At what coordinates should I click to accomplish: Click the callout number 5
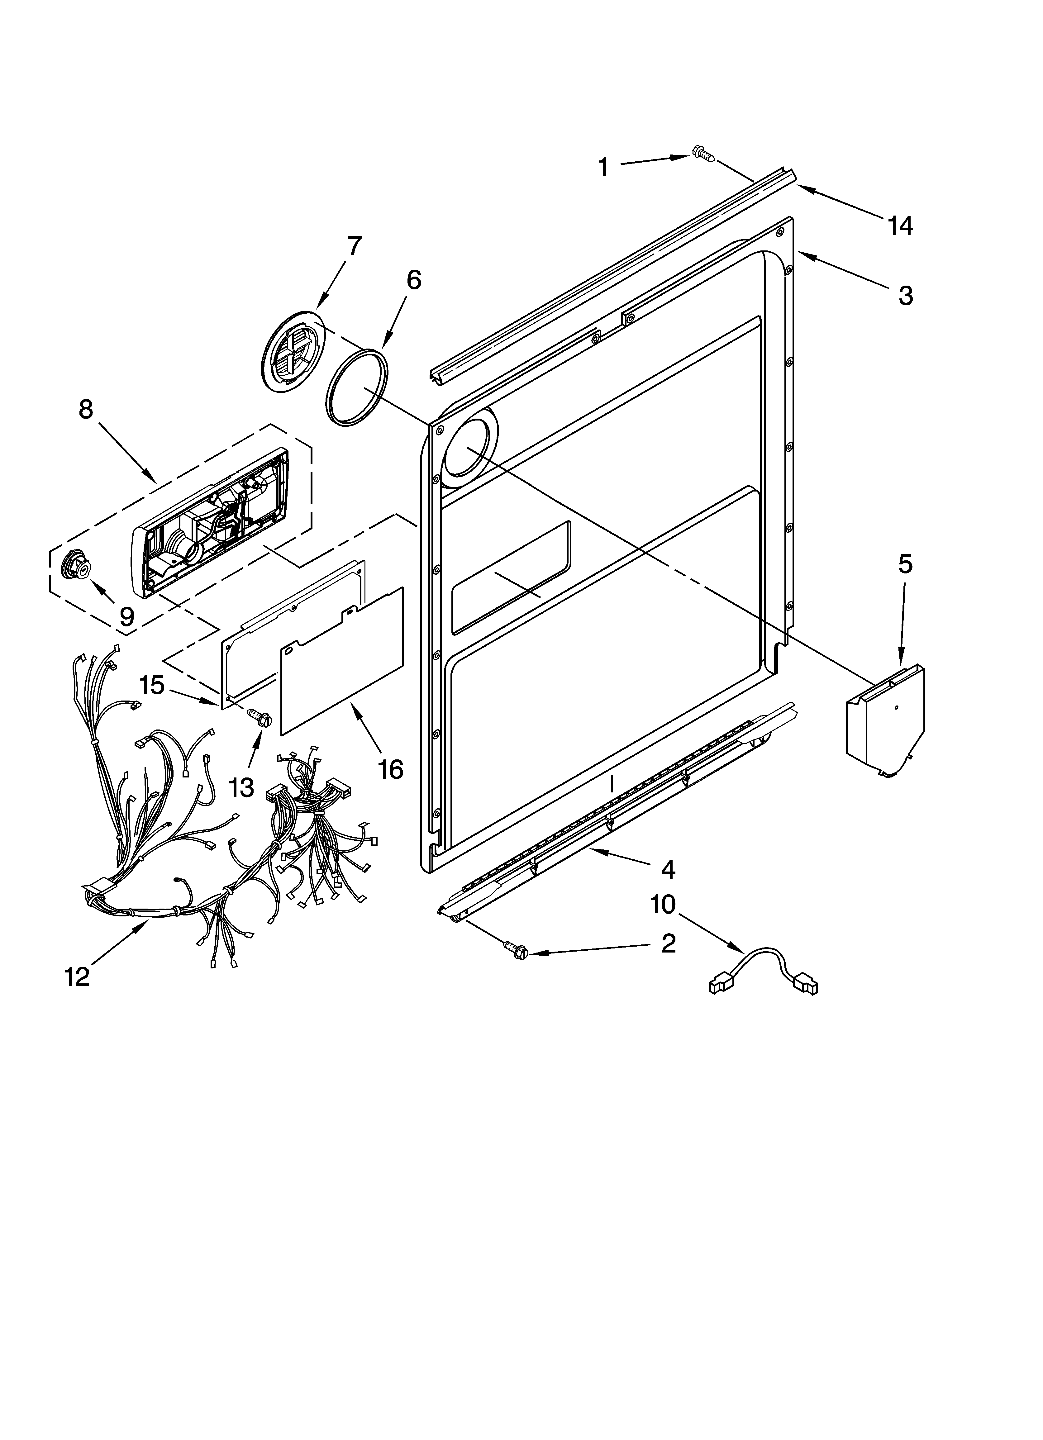point(905,564)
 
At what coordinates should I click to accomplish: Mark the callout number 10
point(663,905)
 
